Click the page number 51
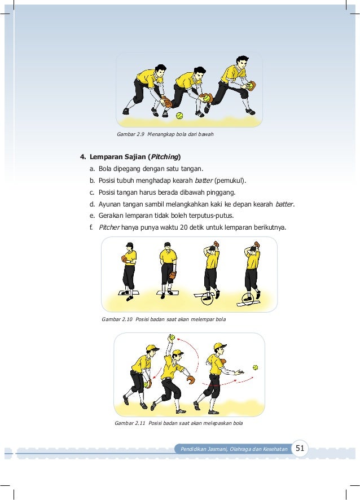(x=300, y=448)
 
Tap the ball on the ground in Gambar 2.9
(x=179, y=116)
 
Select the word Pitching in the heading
(x=164, y=157)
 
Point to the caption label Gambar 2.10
(x=117, y=319)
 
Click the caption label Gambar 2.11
(x=130, y=423)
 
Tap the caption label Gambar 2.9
(x=131, y=134)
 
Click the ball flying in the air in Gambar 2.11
(x=255, y=367)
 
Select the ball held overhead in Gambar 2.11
(x=172, y=337)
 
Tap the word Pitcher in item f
(x=109, y=227)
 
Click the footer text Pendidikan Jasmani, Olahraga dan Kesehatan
(x=234, y=449)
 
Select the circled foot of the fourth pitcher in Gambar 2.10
(x=248, y=299)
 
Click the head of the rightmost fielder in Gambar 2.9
(x=242, y=63)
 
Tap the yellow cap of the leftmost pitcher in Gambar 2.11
(x=153, y=348)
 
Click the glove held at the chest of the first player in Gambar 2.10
(x=124, y=258)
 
